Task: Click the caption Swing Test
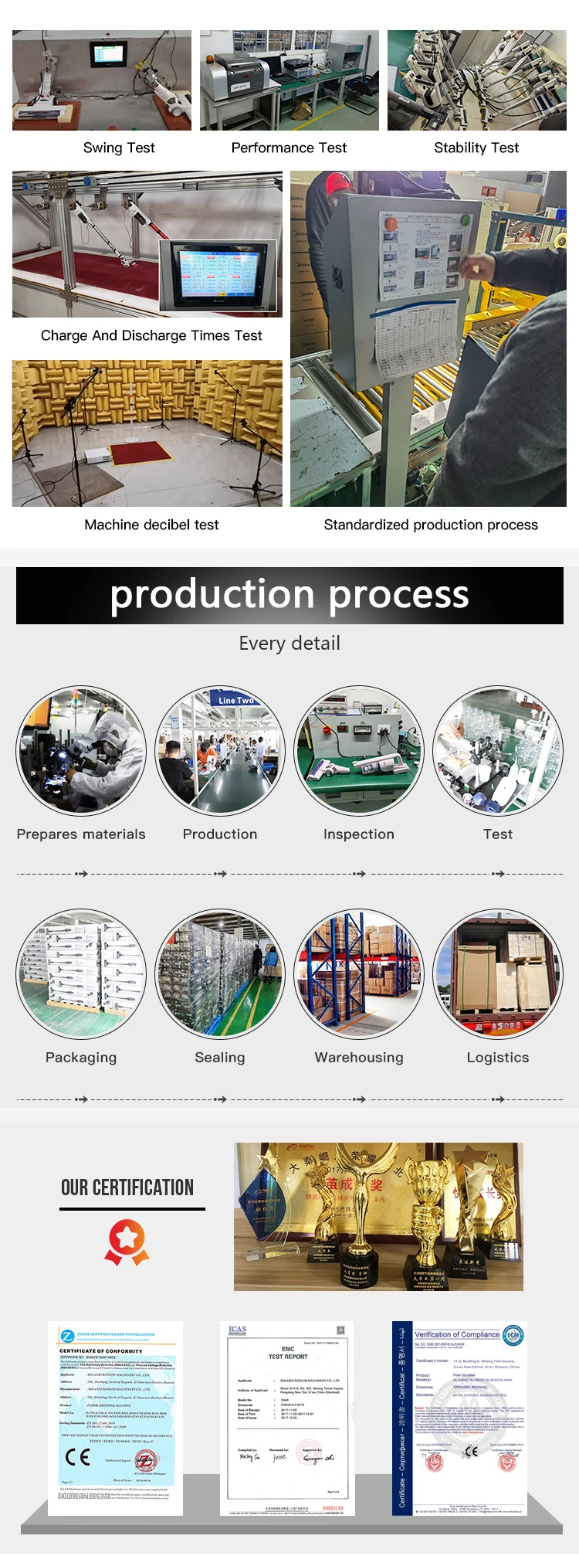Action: coord(119,148)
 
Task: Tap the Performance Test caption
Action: coord(289,148)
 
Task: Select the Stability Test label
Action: coord(476,148)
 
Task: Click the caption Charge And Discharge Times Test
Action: coord(151,335)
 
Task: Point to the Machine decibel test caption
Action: coord(151,525)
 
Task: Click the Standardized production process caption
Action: coord(431,525)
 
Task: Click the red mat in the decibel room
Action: coord(139,451)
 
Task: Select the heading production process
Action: coord(289,595)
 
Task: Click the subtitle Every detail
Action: coord(289,643)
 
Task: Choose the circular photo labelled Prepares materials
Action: coord(81,750)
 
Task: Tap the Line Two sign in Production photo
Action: coord(235,700)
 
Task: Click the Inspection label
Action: coord(359,834)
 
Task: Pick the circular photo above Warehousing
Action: coord(359,973)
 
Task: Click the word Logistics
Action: coord(498,1058)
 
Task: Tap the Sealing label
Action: coord(220,1058)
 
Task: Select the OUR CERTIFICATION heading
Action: coord(127,1187)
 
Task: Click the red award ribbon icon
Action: coord(127,1243)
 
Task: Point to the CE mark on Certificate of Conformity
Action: coord(78,1456)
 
